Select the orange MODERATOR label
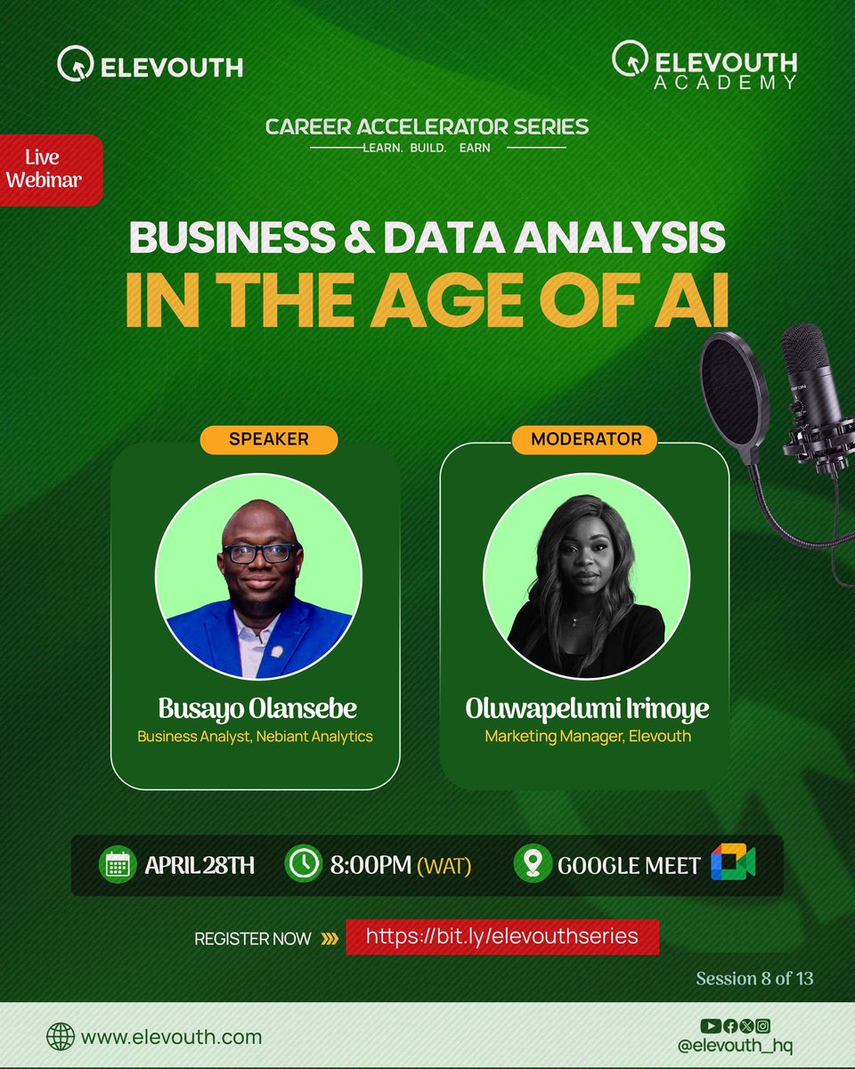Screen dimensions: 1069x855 [x=585, y=439]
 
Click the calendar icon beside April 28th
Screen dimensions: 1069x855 [x=118, y=865]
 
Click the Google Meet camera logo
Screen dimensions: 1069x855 [x=733, y=864]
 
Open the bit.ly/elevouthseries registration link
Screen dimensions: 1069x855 [x=502, y=937]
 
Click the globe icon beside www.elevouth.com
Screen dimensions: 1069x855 [x=61, y=1037]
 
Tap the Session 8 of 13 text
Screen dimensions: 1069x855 [x=754, y=978]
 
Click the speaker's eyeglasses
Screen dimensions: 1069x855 [x=258, y=552]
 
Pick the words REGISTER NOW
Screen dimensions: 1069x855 [x=253, y=938]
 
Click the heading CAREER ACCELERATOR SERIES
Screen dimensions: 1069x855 [x=427, y=126]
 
